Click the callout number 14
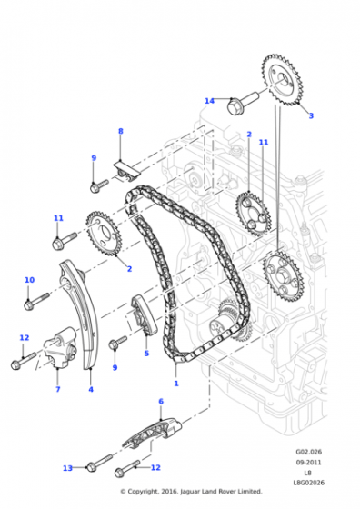(x=209, y=101)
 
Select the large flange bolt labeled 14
(x=243, y=103)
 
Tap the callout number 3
(x=311, y=115)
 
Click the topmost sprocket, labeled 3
(x=282, y=80)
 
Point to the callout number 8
(x=120, y=131)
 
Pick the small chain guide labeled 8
(x=126, y=170)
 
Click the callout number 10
(x=29, y=280)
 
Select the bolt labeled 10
(x=36, y=301)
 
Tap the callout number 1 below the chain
(x=176, y=384)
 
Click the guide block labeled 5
(x=143, y=314)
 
